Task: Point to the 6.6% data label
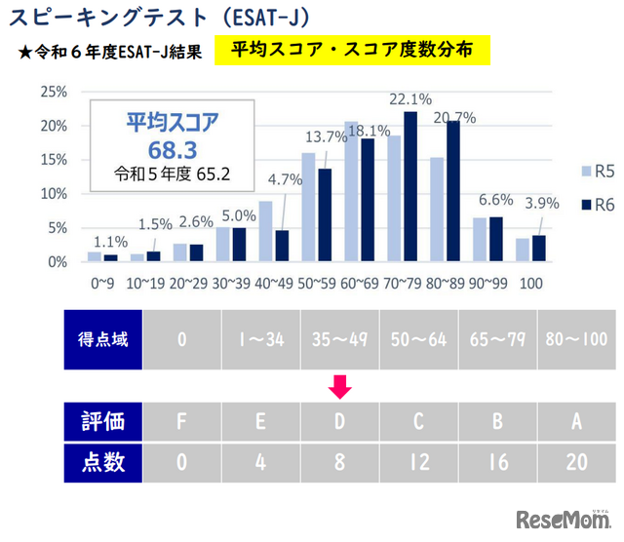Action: (495, 200)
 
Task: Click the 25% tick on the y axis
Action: (54, 92)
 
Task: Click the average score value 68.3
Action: (175, 149)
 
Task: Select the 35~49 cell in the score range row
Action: (340, 340)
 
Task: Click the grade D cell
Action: (340, 421)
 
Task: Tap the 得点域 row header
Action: (102, 340)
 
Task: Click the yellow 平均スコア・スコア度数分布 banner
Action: (355, 49)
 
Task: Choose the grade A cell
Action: (576, 421)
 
